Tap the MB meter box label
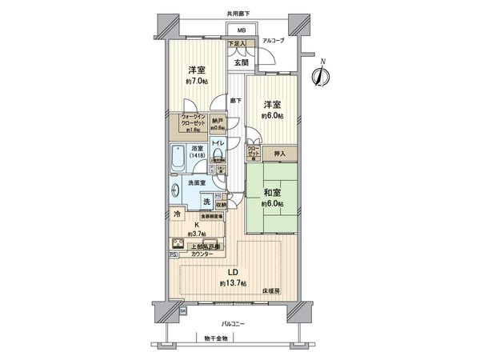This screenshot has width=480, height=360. tap(241, 32)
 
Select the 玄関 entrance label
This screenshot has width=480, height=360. tap(240, 62)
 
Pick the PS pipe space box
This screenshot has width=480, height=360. tap(173, 255)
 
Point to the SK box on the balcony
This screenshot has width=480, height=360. tap(182, 310)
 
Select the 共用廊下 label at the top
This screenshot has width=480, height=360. tap(238, 14)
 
